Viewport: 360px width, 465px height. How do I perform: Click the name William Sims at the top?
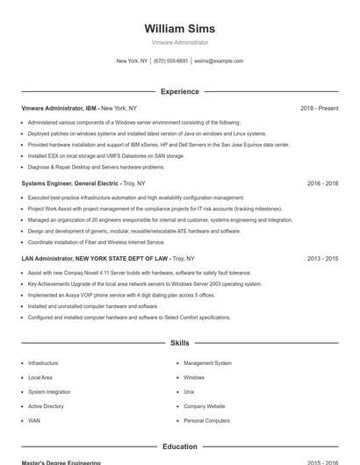179,28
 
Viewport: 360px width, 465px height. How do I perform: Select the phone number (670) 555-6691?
170,61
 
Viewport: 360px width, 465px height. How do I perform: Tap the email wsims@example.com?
219,61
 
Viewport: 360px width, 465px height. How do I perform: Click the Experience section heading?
179,91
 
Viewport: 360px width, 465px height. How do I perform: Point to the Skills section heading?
179,343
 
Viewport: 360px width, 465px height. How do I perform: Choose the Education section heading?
179,447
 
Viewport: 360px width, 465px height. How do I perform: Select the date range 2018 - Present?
319,108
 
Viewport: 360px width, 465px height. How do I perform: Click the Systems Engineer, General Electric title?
70,183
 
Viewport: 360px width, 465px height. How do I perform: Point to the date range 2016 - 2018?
322,183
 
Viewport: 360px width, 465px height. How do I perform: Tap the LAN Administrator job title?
95,259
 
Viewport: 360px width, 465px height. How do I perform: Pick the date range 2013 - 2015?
322,259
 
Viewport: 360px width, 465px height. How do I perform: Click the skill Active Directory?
46,406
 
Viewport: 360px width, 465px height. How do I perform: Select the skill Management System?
207,362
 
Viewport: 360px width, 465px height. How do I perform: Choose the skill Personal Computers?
206,420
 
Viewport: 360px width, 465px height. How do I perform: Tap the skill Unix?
189,391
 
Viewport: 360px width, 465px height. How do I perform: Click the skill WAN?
34,420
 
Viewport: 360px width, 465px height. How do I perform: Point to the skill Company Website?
204,406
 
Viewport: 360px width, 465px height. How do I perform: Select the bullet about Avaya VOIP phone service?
121,295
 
